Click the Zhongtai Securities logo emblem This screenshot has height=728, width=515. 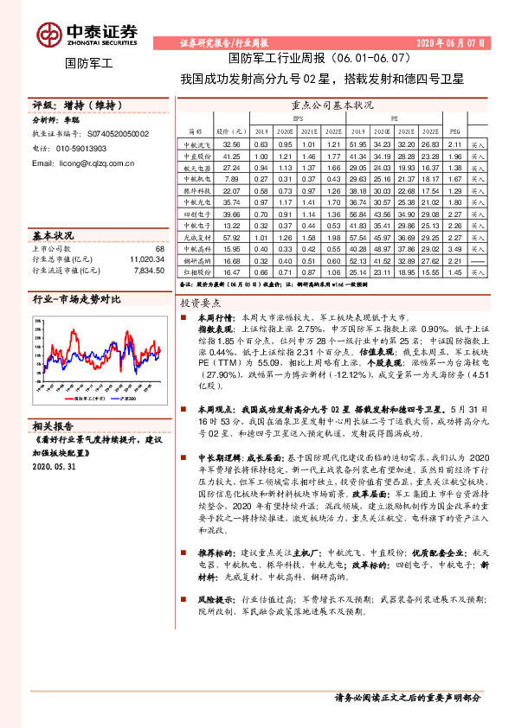point(48,34)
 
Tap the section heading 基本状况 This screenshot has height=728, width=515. point(53,235)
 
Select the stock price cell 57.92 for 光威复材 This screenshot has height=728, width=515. point(231,236)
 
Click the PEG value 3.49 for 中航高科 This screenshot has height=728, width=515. point(459,248)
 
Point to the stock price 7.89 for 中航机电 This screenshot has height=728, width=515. point(231,179)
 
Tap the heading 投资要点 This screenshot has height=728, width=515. point(201,303)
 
